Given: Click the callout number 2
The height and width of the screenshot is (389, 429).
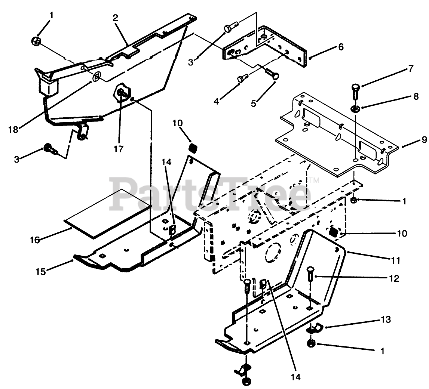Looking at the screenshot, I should pos(115,18).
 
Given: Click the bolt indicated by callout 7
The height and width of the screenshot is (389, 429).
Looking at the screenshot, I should pos(356,89).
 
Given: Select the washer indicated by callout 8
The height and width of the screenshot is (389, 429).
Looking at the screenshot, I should pos(355,109).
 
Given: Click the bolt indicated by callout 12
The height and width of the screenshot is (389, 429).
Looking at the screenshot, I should pos(310,277).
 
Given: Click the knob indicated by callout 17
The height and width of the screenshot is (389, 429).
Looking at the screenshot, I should pos(121,92).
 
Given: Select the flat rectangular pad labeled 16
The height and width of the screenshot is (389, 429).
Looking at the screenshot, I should pos(108,213).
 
